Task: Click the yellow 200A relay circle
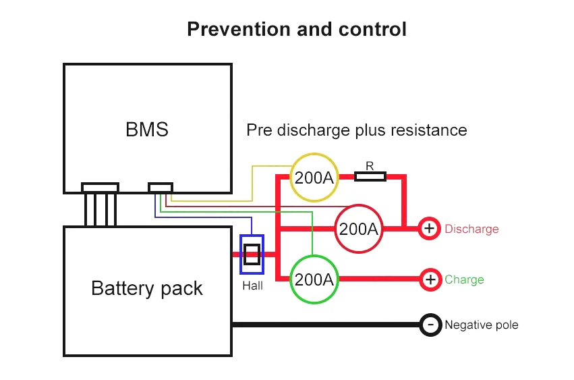click(x=314, y=178)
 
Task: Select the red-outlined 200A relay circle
click(x=358, y=229)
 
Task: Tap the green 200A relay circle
click(x=314, y=279)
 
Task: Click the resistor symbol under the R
click(x=370, y=177)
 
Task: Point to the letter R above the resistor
click(x=370, y=165)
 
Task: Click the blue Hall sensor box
click(x=252, y=254)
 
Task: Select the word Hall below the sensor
click(x=252, y=286)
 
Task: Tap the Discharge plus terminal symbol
click(x=429, y=229)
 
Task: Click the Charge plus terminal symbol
click(x=430, y=279)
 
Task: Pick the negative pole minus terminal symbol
click(x=430, y=325)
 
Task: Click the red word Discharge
click(x=471, y=229)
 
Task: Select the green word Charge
click(x=464, y=279)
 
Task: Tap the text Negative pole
click(x=481, y=325)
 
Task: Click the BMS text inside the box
click(x=147, y=130)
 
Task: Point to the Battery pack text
click(x=146, y=288)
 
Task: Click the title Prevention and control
click(x=296, y=29)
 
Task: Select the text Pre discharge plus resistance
click(x=356, y=130)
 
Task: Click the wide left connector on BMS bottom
click(x=100, y=187)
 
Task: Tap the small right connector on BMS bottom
click(x=160, y=187)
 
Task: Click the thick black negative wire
click(x=324, y=325)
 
